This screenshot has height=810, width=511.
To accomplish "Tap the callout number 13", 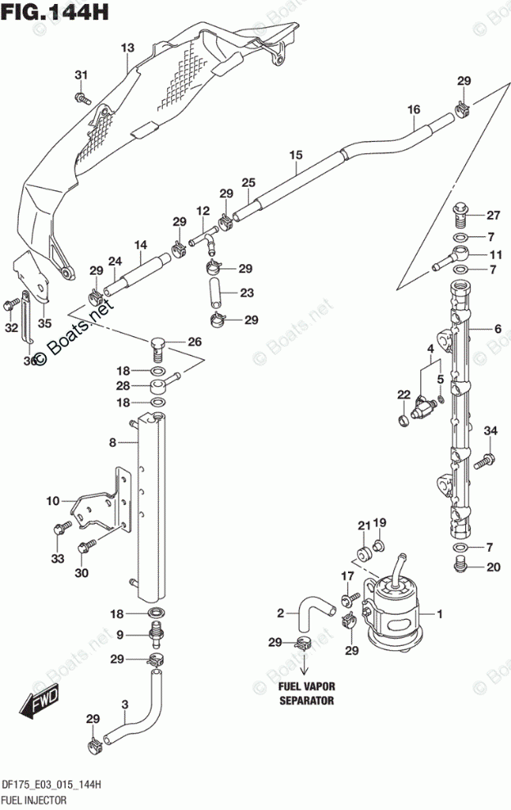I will (x=127, y=48).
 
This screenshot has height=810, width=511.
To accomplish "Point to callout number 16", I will (x=413, y=109).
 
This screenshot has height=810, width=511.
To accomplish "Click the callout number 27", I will (x=492, y=216).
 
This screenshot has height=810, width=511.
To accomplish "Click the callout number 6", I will (x=497, y=330).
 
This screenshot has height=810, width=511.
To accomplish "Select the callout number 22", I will (x=403, y=395).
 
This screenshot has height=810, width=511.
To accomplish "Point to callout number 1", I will (x=440, y=613).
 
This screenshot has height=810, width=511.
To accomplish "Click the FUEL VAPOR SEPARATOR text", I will (x=306, y=694).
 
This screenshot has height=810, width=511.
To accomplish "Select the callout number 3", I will (x=124, y=704).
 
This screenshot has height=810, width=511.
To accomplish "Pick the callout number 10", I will (x=53, y=501).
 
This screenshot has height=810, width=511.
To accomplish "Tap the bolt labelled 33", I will (x=59, y=530).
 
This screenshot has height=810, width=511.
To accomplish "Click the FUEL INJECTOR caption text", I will (x=34, y=798).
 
